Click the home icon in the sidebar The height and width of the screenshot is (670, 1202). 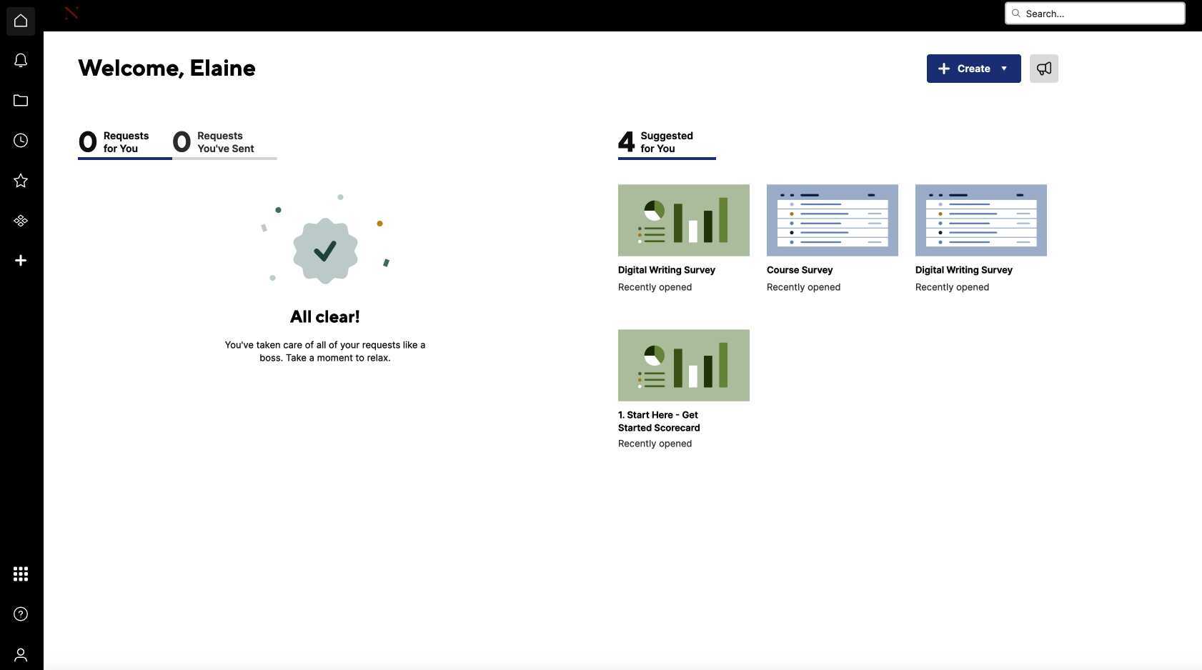(21, 21)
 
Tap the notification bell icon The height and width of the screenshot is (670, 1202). (21, 61)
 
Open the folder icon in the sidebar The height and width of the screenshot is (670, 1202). (21, 101)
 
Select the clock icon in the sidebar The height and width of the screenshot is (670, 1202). (21, 141)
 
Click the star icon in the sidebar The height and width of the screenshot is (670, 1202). (21, 181)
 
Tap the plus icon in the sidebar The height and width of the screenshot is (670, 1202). (21, 261)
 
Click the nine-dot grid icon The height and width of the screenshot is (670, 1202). (21, 574)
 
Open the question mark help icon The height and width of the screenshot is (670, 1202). (21, 614)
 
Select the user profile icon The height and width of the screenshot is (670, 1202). (21, 654)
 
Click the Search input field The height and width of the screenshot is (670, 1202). (1101, 14)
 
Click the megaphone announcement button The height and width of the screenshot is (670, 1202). (1043, 69)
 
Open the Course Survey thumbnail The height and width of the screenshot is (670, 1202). (832, 220)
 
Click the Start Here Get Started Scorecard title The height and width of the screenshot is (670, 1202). (659, 421)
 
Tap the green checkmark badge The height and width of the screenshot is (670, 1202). (325, 251)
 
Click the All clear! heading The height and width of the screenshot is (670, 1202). (325, 316)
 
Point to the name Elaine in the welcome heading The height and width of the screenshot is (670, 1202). (222, 68)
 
